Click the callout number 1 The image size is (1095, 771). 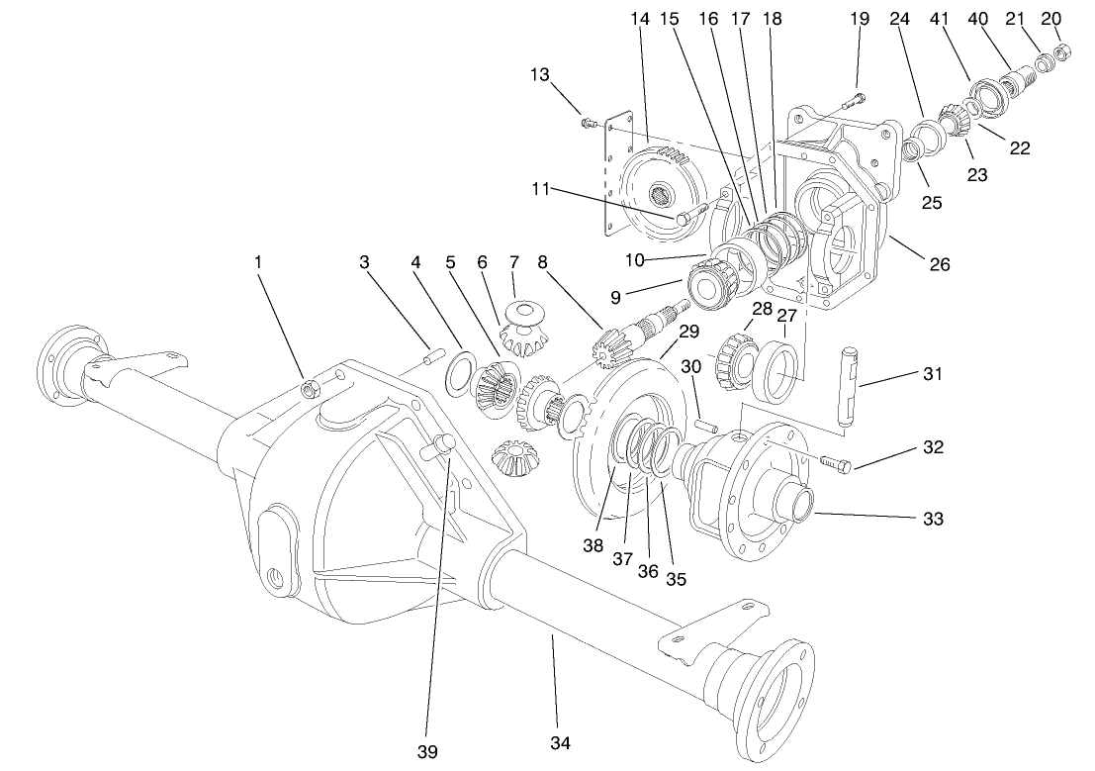click(258, 262)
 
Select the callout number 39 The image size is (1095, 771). click(426, 752)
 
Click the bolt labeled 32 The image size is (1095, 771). click(836, 461)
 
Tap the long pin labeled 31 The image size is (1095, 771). click(849, 387)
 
